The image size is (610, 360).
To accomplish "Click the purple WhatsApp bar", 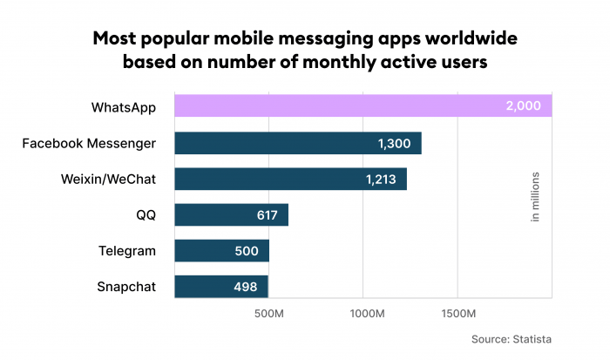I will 349,107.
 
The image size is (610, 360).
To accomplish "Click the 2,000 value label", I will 523,107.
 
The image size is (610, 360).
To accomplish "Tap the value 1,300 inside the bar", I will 395,143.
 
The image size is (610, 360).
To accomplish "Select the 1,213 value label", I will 381,179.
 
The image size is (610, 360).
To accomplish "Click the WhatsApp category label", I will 124,107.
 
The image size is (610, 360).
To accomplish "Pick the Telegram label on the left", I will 127,251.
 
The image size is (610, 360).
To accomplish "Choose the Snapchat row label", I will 127,287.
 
